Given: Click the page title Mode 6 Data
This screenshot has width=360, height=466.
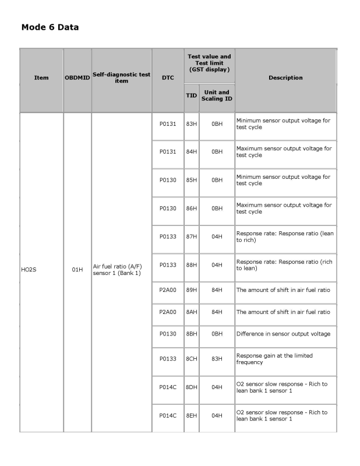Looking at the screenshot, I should [x=50, y=27].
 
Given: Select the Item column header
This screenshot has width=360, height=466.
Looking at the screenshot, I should [x=41, y=77].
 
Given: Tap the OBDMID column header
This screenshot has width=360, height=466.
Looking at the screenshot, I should [x=77, y=77].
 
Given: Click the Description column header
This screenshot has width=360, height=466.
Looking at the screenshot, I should [x=285, y=77].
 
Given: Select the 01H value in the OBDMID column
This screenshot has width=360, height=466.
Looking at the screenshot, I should [x=77, y=270].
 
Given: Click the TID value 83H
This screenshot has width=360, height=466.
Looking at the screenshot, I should [x=191, y=123].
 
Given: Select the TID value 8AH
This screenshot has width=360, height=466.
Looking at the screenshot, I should [x=191, y=312].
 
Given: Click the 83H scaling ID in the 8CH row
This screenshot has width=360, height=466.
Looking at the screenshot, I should [x=217, y=359].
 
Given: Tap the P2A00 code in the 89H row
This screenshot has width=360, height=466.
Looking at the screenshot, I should [x=167, y=291].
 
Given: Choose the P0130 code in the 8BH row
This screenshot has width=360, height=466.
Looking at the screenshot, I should [x=167, y=333].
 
